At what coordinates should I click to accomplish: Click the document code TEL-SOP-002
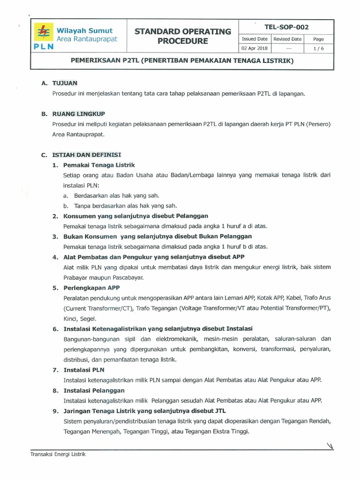point(286,27)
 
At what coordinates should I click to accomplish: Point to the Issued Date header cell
point(254,39)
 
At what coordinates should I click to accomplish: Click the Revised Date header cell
point(287,39)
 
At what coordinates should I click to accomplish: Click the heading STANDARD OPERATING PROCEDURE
point(183,37)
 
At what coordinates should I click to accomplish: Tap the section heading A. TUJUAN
point(59,83)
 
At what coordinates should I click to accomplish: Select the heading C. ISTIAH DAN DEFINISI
point(82,155)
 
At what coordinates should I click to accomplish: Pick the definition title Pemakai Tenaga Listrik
point(99,165)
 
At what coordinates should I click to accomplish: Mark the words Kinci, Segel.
point(81,318)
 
